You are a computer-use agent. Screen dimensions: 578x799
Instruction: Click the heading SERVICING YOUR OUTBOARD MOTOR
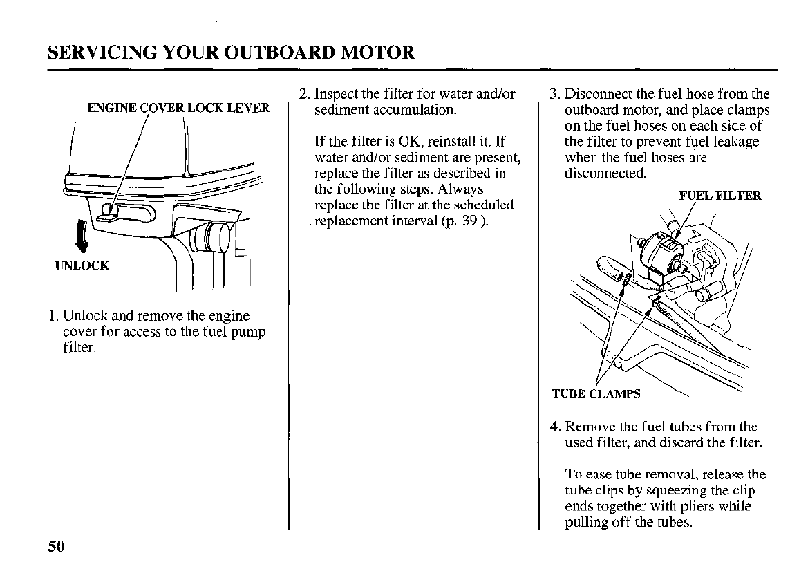tap(232, 53)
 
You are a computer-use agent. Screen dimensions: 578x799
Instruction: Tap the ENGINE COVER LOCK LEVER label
tap(178, 108)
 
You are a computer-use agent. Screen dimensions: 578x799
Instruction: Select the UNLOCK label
tap(82, 265)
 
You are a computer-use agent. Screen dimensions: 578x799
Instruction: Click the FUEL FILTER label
tap(720, 196)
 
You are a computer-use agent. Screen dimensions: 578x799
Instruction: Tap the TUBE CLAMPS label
tap(596, 394)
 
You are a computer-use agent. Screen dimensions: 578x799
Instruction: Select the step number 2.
tap(303, 94)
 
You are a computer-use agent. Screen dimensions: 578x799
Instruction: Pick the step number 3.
tap(554, 94)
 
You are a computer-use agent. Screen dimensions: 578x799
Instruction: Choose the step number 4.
tap(554, 427)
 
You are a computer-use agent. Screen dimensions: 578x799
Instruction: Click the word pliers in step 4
tap(695, 507)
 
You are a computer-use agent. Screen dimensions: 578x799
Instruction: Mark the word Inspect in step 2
tap(337, 94)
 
